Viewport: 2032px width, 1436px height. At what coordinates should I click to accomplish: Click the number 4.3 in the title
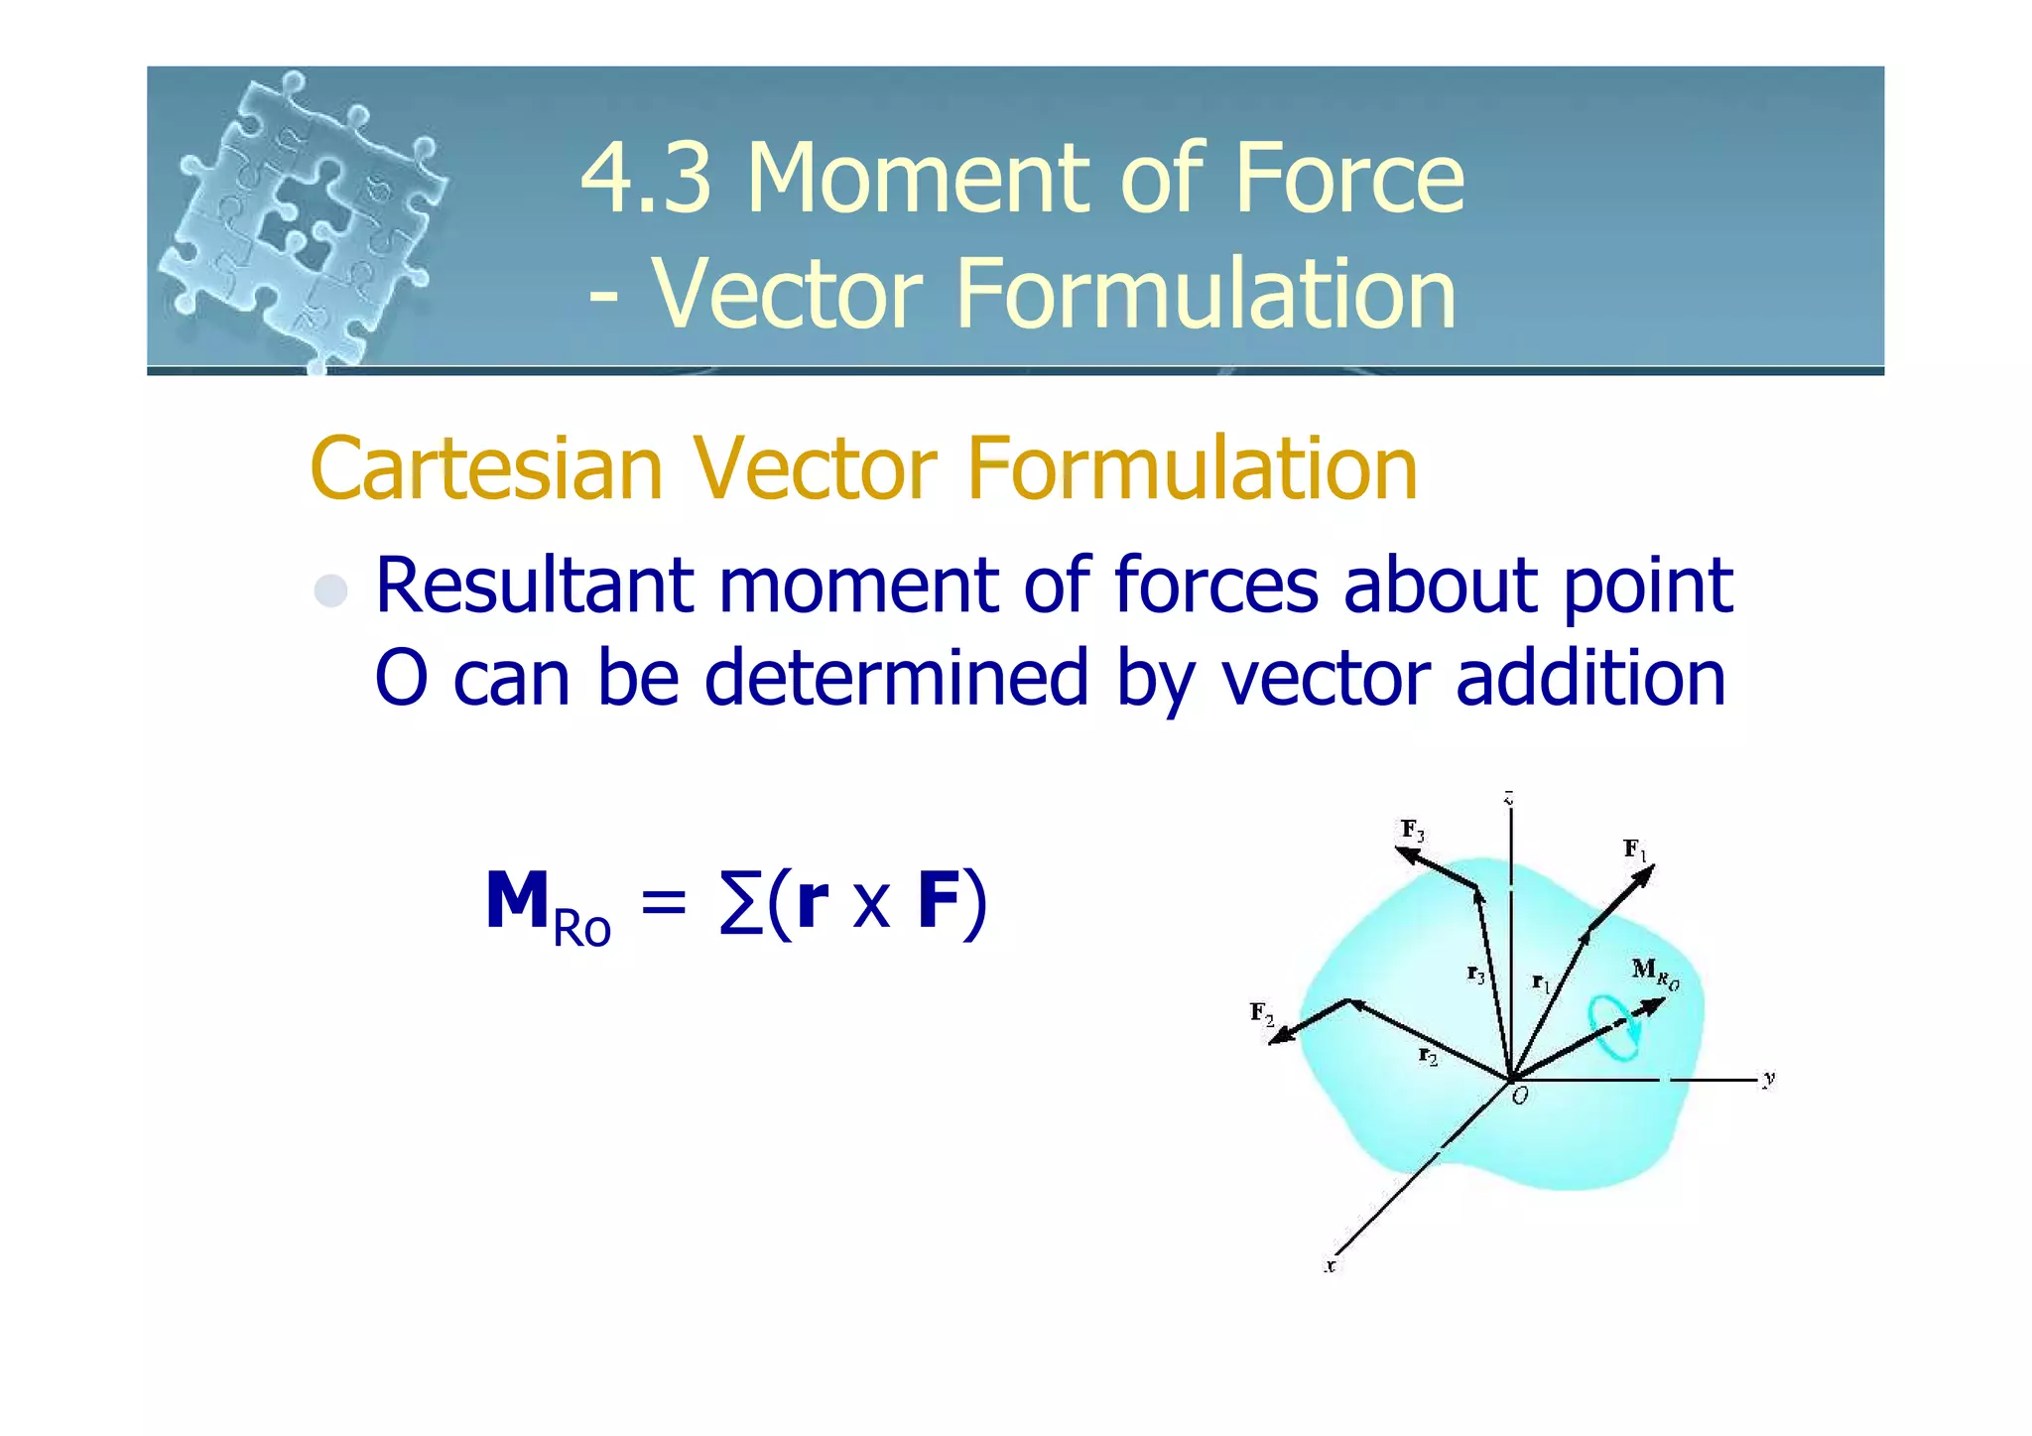645,179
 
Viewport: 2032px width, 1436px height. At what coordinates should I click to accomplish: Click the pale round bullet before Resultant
330,590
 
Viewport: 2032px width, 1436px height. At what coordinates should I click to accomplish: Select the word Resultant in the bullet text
534,586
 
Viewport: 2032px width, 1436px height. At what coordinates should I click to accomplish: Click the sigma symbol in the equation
740,903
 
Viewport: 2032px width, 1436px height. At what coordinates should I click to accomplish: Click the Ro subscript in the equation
581,929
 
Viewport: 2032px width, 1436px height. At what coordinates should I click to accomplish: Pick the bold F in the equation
938,901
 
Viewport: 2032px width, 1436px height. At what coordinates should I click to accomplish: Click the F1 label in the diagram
1634,849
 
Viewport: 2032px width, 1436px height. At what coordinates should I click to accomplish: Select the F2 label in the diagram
1261,1013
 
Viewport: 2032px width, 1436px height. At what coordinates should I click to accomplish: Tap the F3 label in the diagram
1412,830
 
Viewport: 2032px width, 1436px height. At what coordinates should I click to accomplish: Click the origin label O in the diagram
1520,1097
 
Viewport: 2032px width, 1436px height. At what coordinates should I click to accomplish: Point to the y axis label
1768,1079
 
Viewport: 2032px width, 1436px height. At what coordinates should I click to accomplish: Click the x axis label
1331,1265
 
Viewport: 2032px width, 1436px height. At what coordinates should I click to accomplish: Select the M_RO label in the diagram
1654,972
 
